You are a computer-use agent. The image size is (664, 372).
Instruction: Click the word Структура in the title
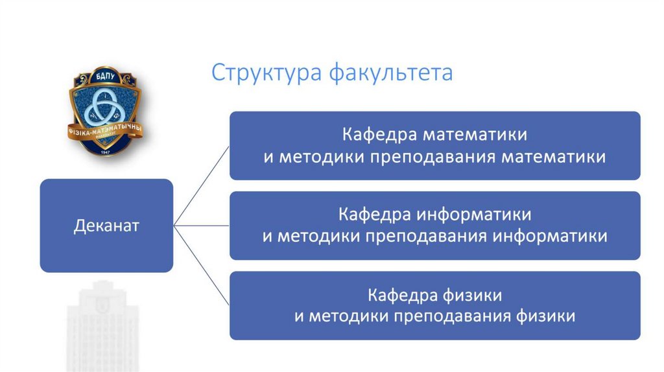(267, 73)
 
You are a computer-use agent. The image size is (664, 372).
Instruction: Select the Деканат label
(106, 226)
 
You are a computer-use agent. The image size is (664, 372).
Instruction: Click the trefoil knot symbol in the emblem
(104, 107)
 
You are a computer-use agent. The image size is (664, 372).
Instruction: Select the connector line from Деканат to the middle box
(201, 226)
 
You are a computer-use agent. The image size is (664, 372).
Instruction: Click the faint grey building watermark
(104, 324)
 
